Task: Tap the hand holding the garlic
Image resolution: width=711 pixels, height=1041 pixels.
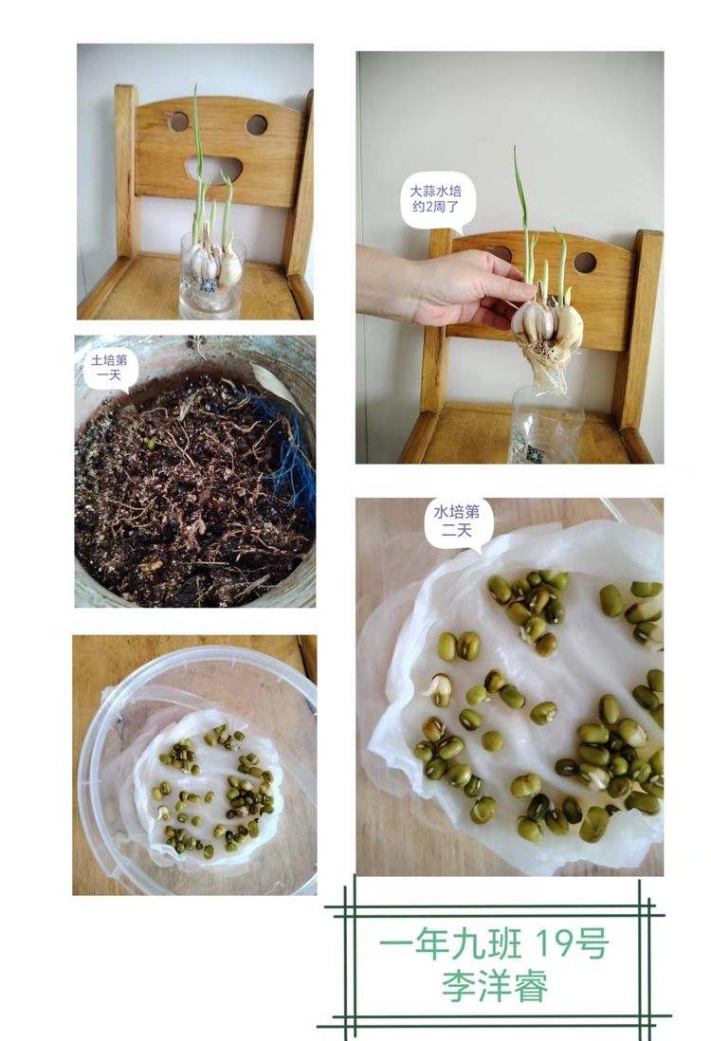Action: point(446,286)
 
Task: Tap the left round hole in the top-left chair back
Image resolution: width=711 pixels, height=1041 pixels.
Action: point(178,121)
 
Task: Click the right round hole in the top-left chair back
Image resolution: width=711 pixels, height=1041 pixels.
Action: point(256,124)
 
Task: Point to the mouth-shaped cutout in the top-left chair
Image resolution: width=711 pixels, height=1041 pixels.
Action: point(214,168)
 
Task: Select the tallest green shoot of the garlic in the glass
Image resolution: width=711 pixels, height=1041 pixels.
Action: point(197,142)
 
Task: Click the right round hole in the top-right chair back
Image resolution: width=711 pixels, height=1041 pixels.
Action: point(585,262)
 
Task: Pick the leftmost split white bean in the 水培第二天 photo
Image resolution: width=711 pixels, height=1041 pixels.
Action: point(439,688)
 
